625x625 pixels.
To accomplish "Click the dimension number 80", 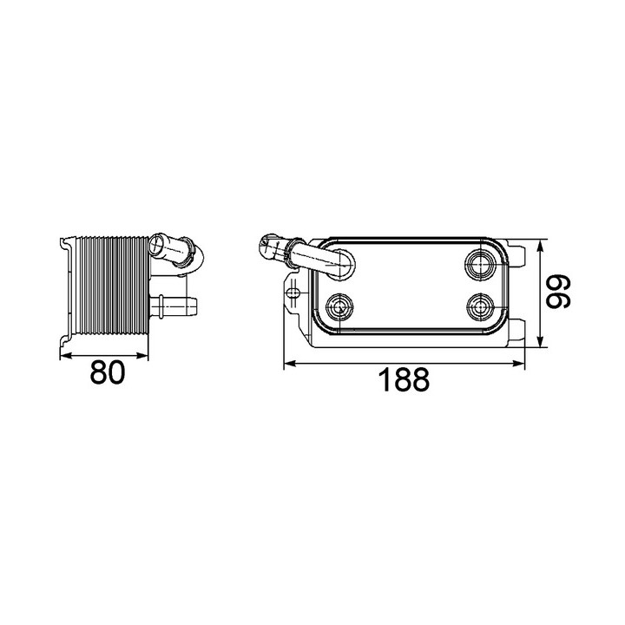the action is click(108, 372).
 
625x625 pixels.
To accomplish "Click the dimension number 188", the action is click(404, 380).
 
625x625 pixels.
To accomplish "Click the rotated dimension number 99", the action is click(558, 293).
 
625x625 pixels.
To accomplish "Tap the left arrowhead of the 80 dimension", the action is click(65, 356).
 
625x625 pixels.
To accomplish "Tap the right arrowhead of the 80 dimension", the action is click(142, 356).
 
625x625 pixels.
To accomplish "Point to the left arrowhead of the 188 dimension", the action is click(289, 363).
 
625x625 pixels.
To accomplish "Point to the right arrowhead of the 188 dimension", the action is click(519, 363).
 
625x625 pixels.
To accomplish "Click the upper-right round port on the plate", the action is click(480, 263).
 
